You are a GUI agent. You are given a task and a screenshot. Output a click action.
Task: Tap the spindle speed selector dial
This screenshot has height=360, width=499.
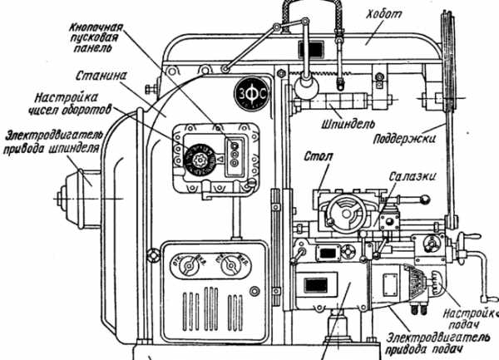(x=201, y=158)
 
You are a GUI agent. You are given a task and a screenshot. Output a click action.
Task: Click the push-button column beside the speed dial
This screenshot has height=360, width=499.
(x=235, y=154)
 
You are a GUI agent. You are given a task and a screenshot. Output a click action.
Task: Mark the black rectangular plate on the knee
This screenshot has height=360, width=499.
(x=316, y=285)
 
